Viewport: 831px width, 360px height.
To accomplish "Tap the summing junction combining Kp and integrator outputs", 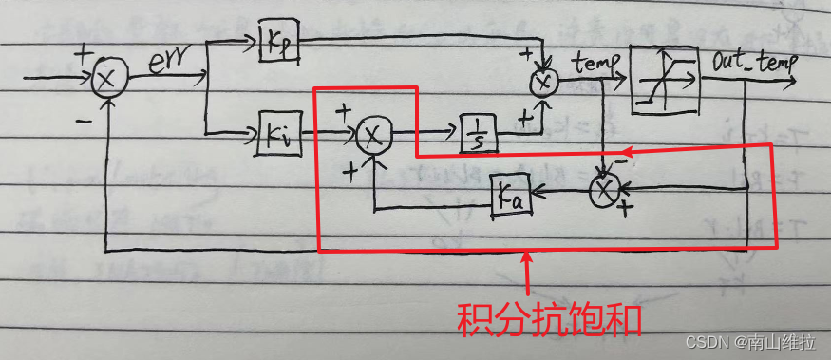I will point(543,83).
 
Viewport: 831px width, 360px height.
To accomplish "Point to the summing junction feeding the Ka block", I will point(605,191).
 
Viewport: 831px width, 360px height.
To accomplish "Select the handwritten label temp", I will point(596,64).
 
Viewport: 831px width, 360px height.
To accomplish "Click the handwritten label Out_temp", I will point(754,63).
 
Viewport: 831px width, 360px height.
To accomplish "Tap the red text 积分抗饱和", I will point(550,318).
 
